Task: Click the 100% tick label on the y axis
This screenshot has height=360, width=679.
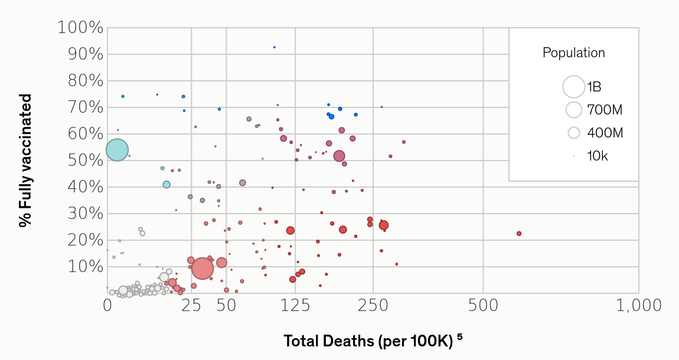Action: click(81, 28)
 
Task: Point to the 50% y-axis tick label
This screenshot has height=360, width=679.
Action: click(86, 161)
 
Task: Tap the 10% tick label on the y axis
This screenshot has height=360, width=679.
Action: click(86, 267)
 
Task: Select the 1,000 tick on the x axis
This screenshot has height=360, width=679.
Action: click(638, 306)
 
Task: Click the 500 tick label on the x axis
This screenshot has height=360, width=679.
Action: click(483, 306)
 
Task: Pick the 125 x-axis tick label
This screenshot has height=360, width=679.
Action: click(295, 306)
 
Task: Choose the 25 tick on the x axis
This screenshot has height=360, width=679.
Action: click(191, 306)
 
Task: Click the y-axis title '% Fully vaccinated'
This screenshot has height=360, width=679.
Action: click(25, 160)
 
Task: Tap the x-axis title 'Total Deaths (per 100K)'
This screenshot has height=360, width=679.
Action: click(368, 341)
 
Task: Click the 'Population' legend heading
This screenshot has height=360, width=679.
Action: click(573, 53)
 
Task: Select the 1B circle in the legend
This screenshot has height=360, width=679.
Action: click(573, 87)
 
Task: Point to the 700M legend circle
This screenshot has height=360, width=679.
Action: click(573, 110)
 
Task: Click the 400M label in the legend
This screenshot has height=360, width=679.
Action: click(605, 133)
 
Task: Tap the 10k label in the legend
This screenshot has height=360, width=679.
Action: click(597, 156)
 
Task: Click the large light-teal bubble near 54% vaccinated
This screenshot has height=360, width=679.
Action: click(117, 150)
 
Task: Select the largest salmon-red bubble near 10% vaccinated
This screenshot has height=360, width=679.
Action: click(202, 269)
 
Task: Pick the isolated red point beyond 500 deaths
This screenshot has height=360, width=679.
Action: click(519, 234)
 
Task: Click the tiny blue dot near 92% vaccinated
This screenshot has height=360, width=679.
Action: click(274, 47)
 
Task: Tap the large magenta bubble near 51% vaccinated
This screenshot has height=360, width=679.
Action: click(339, 156)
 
